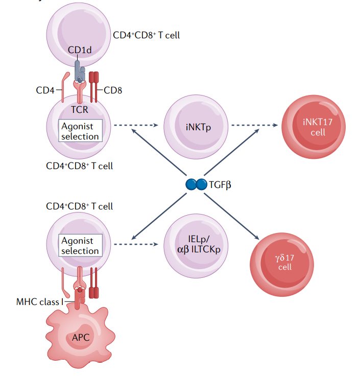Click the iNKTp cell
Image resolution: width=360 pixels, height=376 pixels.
196,125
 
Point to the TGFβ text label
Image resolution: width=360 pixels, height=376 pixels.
220,185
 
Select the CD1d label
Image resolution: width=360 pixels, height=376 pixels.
80,50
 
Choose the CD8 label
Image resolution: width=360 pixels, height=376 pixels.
113,91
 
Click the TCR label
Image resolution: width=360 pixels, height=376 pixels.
80,108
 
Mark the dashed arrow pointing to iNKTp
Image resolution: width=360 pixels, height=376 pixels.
136,125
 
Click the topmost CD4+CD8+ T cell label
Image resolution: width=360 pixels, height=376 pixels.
146,35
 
